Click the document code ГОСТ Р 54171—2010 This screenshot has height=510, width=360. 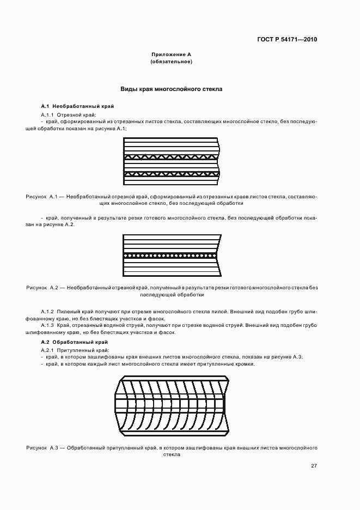[287, 40]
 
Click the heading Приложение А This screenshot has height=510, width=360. [171, 55]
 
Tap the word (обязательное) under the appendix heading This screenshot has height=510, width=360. [171, 62]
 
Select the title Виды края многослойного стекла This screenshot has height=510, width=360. [171, 88]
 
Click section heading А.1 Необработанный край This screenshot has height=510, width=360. [78, 106]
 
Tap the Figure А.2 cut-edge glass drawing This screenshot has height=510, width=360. [171, 255]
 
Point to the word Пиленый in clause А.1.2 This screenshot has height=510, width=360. [75, 310]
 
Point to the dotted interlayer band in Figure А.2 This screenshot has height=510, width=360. [171, 255]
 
